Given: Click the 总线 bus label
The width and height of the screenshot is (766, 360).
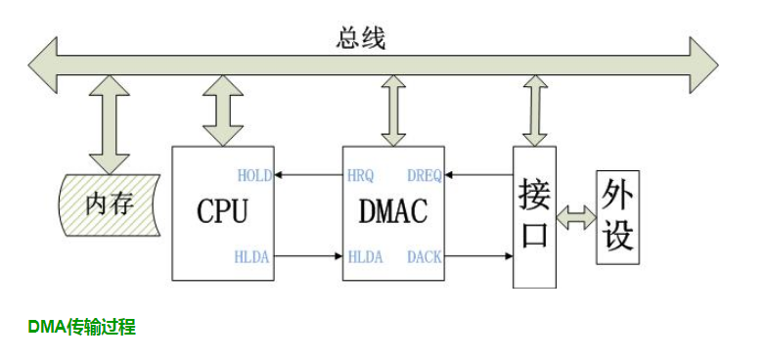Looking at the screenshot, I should [361, 38].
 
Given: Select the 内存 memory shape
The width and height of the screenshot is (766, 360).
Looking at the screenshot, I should [108, 204].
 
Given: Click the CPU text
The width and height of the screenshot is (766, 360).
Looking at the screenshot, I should [222, 211].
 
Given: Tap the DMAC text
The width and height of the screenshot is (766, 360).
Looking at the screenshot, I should [394, 211].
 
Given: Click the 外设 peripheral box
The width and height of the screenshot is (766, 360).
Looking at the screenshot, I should [617, 216].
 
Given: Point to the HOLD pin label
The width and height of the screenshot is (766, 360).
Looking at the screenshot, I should [254, 176].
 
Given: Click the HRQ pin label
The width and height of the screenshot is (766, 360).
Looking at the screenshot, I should [360, 176].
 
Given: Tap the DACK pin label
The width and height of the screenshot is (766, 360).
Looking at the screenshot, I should [425, 257].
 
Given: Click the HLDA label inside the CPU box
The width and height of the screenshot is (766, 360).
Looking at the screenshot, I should [252, 257].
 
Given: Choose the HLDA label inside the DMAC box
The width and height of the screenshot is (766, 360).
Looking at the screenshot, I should [364, 257].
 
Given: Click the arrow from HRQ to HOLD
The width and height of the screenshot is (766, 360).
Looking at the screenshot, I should [308, 176].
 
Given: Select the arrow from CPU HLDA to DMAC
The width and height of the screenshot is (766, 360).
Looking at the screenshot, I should [308, 257].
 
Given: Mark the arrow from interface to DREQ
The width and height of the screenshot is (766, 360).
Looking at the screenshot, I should [478, 176].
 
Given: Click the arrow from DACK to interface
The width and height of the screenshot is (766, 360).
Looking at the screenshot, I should [478, 257].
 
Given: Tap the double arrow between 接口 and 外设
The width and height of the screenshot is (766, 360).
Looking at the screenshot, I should [575, 217].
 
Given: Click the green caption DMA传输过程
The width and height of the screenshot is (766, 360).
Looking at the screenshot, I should [81, 328].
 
